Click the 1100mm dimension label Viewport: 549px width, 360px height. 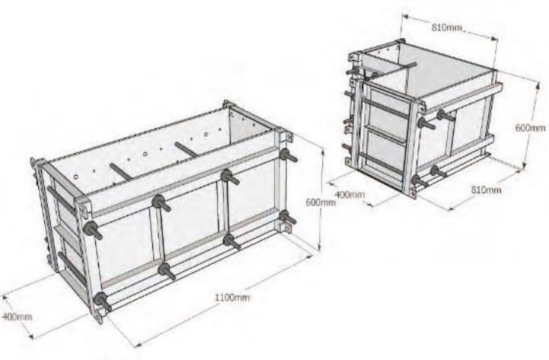click(x=232, y=298)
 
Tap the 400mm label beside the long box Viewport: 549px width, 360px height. click(x=18, y=317)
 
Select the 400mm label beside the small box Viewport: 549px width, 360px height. click(x=350, y=195)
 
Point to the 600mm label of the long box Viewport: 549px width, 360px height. click(x=321, y=202)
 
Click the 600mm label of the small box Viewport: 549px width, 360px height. click(x=530, y=128)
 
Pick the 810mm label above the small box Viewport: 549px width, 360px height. click(x=447, y=27)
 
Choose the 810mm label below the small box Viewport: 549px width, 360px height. click(x=486, y=190)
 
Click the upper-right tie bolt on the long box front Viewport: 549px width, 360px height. click(x=288, y=156)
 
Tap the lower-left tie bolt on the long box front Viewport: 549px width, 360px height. click(x=103, y=301)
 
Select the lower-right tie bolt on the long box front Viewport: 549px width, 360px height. click(x=288, y=218)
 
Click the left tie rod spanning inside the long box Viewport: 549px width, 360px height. click(x=121, y=170)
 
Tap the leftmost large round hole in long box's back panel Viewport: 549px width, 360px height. click(x=76, y=177)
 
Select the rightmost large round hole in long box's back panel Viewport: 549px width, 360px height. click(x=206, y=134)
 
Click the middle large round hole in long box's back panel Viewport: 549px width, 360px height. click(x=145, y=154)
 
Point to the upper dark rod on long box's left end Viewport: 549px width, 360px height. click(x=61, y=199)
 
